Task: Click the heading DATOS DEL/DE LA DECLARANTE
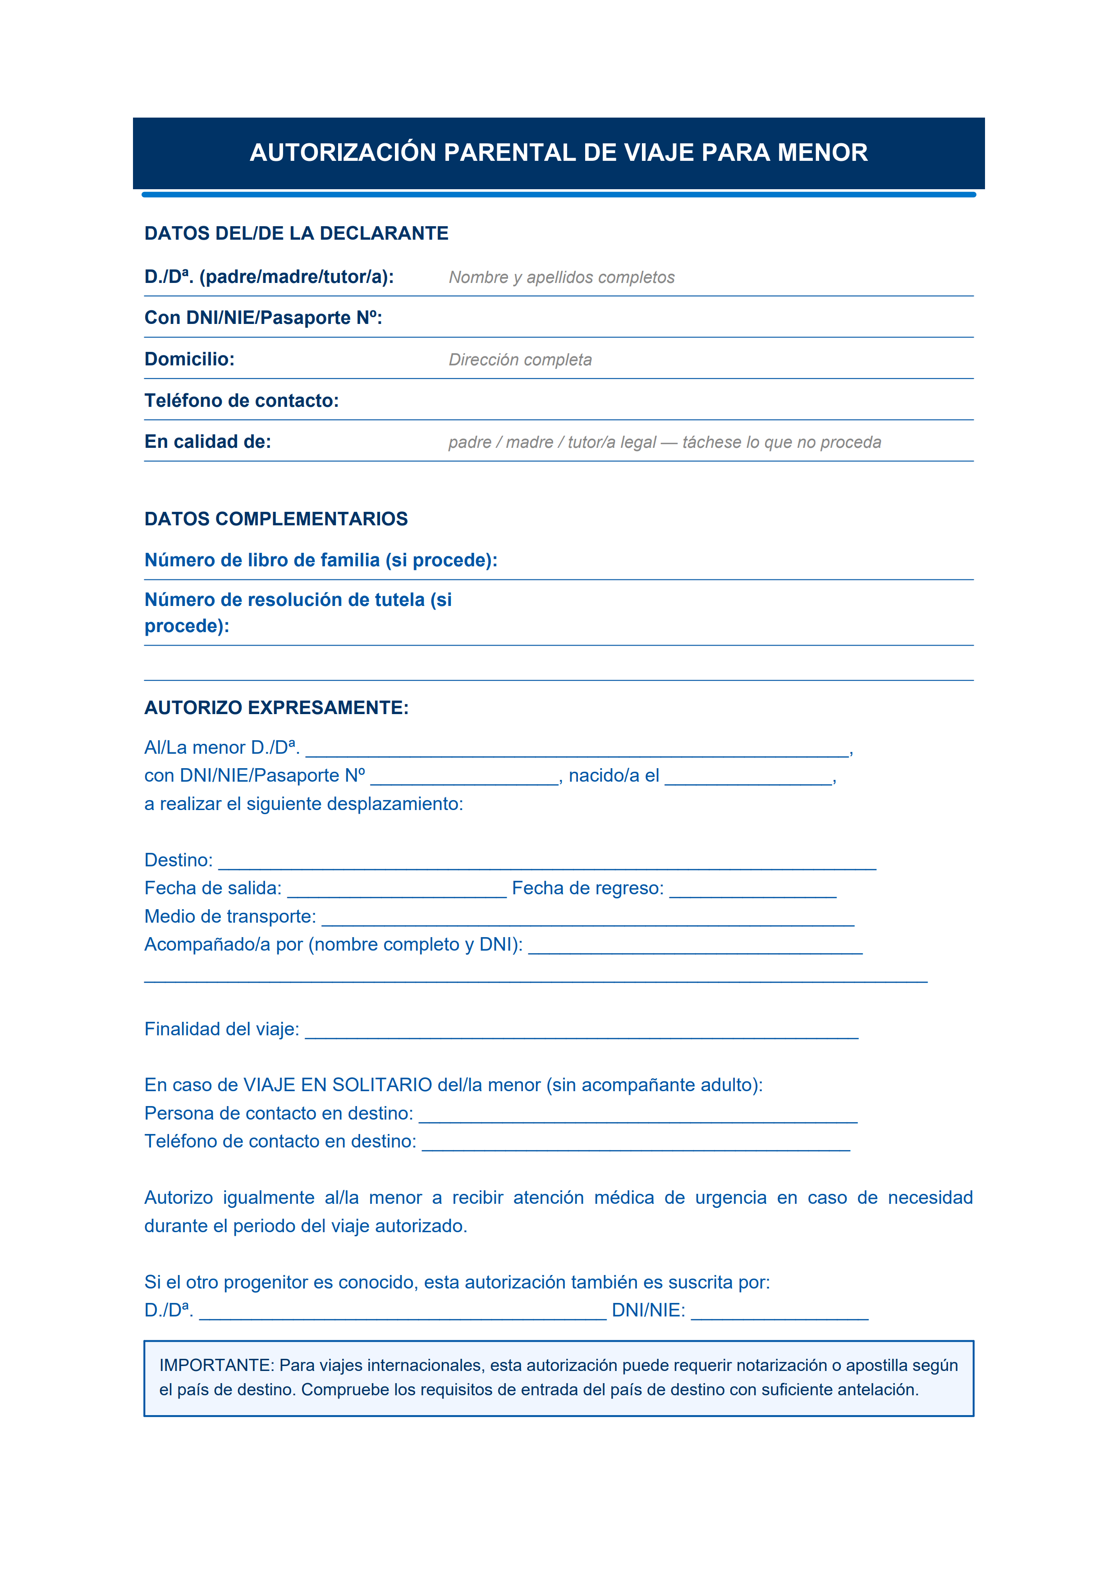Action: pyautogui.click(x=296, y=233)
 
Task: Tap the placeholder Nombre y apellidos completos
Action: pyautogui.click(x=561, y=278)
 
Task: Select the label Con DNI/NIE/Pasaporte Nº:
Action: pyautogui.click(x=263, y=318)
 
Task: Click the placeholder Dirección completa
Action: pyautogui.click(x=520, y=360)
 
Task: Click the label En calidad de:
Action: pyautogui.click(x=207, y=442)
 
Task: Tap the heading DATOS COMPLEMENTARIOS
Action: pyautogui.click(x=275, y=519)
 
